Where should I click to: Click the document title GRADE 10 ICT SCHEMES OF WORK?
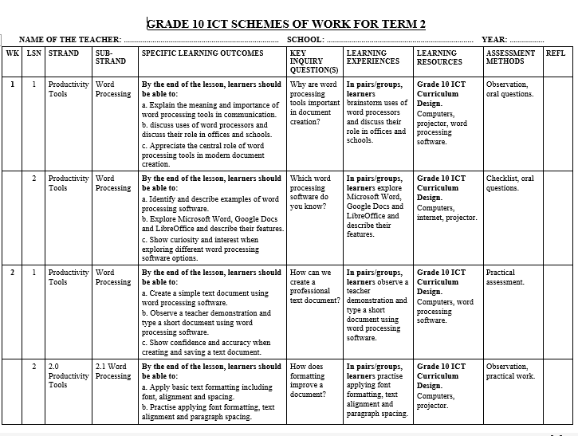tap(286, 24)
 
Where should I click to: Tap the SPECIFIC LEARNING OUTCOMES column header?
tap(202, 53)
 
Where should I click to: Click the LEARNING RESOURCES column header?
tap(438, 57)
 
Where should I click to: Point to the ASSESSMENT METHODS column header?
tap(510, 57)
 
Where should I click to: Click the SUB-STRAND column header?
tap(110, 57)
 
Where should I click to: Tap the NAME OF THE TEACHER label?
tap(70, 39)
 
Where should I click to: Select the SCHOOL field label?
tap(305, 39)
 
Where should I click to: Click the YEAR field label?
tap(494, 39)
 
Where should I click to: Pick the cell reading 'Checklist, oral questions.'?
tap(510, 183)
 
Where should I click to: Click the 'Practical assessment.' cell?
tap(505, 277)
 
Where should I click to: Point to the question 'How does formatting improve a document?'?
tap(308, 380)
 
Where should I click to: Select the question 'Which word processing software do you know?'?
tap(310, 193)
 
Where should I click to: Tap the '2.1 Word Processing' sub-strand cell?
tap(112, 371)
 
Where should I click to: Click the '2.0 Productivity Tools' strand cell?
tap(68, 375)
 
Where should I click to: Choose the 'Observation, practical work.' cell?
tap(510, 371)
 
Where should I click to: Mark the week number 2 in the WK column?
tap(12, 273)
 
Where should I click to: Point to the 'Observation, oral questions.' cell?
tap(510, 89)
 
